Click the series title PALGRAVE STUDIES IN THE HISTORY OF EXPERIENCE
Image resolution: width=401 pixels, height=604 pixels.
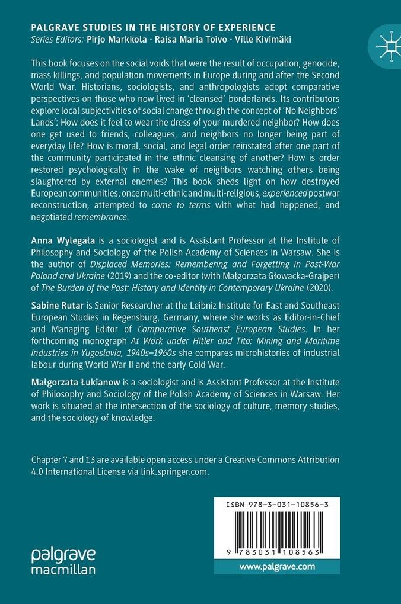tap(153, 27)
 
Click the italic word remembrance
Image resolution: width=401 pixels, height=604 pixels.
tap(101, 217)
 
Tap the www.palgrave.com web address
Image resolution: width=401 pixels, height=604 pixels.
tap(277, 567)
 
